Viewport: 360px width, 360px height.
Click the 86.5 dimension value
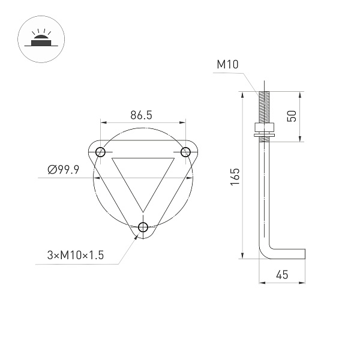(140, 115)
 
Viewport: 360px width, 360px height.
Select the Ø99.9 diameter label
(64, 170)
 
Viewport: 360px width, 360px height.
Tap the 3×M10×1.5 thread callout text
(76, 255)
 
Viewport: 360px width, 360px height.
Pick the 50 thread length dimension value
(292, 116)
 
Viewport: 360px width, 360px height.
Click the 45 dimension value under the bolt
(281, 275)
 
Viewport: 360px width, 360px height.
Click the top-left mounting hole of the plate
(100, 151)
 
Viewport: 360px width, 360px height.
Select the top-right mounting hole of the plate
(185, 151)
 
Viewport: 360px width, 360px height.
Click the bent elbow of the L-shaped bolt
(265, 252)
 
